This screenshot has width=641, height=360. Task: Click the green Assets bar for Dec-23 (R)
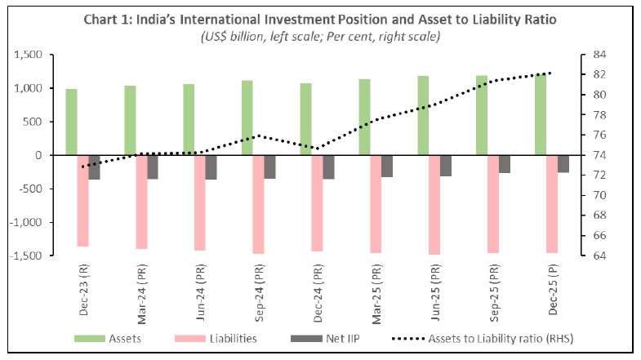(71, 122)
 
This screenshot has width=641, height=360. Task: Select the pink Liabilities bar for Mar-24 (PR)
(141, 202)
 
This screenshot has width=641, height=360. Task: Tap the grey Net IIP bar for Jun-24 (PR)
(211, 167)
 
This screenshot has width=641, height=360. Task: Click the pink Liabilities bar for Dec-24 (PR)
(317, 202)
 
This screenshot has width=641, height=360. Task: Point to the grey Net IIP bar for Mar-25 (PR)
(387, 166)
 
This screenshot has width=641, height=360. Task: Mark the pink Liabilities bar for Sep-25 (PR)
(493, 203)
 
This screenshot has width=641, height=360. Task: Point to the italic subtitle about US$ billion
(320, 37)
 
